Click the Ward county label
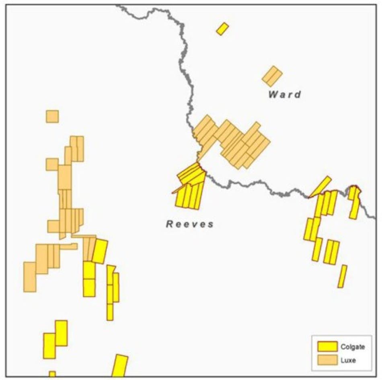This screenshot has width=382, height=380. [284, 95]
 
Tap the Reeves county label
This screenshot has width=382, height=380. [190, 224]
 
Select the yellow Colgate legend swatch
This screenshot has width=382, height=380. [327, 347]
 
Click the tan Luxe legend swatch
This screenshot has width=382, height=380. [327, 360]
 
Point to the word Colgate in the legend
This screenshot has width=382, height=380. [353, 347]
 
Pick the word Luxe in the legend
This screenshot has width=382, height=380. [348, 360]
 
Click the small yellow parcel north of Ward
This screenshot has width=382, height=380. [222, 29]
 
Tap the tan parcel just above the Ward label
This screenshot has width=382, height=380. [272, 76]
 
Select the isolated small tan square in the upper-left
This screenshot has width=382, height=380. [52, 116]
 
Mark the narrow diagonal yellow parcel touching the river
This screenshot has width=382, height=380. [320, 186]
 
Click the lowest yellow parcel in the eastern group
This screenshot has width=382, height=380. [342, 276]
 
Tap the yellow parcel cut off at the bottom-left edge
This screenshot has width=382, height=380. [52, 374]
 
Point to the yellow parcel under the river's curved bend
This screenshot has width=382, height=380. [354, 201]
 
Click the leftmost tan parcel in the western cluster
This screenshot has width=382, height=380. [30, 277]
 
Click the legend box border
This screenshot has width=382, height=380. [312, 353]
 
